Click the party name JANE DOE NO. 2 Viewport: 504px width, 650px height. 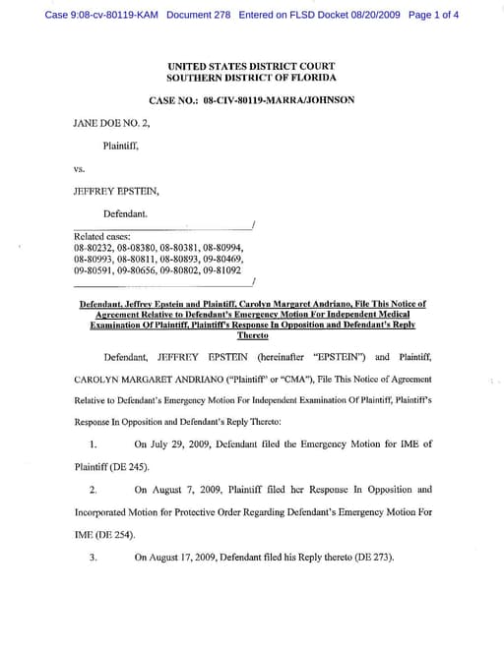click(x=109, y=126)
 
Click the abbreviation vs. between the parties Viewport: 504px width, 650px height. click(x=80, y=168)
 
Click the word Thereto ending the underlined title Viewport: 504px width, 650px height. click(x=252, y=335)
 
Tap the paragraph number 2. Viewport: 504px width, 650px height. click(x=93, y=489)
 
